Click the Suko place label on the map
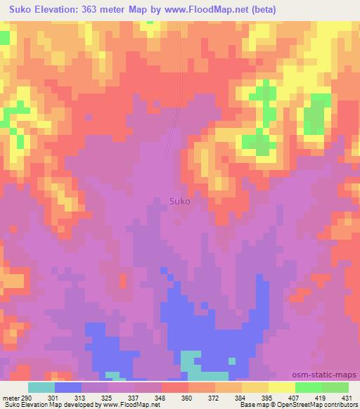(x=180, y=200)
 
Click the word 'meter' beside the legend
(x=10, y=397)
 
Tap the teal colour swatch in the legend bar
(x=41, y=387)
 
